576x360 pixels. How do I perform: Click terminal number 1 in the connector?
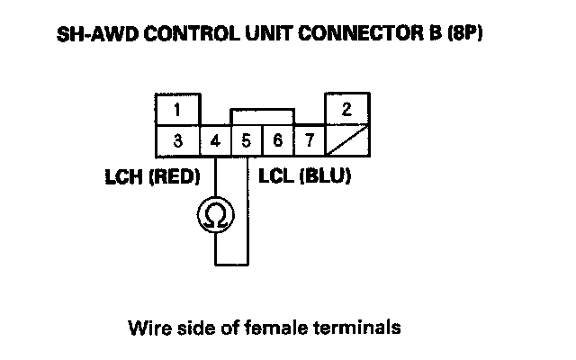pos(178,110)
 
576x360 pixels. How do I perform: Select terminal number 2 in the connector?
pos(347,109)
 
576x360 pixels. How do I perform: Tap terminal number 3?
pos(178,141)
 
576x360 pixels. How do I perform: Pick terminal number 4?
pos(216,141)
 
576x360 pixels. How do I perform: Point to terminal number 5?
pos(247,141)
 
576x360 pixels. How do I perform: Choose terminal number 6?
pos(278,141)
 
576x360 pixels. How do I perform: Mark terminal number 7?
pos(310,141)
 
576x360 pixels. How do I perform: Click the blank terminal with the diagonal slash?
pos(347,140)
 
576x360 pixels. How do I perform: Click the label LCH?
pos(124,176)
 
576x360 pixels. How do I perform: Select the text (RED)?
pos(175,176)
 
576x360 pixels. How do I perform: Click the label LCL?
pos(276,176)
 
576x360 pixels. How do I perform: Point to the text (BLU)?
pos(325,176)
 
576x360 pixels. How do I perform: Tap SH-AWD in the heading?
pos(98,34)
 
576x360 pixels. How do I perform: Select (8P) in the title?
pos(464,34)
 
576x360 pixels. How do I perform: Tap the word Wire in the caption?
pos(149,328)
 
